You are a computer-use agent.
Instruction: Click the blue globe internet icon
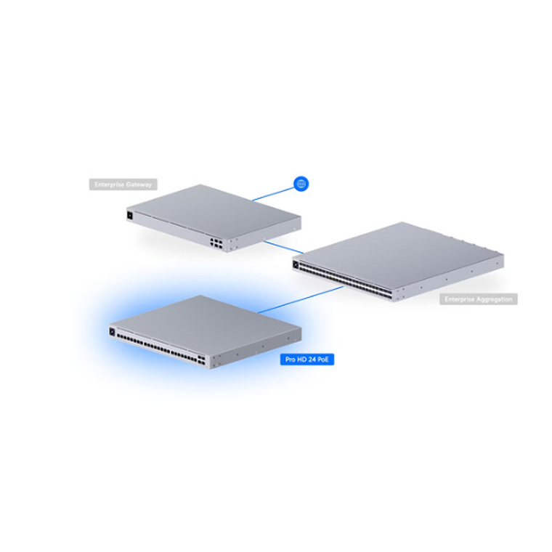[301, 184]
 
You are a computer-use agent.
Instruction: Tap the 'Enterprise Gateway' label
[123, 185]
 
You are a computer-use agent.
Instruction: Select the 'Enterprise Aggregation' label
[478, 299]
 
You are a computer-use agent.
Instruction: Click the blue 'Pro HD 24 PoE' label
[307, 359]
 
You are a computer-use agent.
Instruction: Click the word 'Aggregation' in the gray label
[496, 299]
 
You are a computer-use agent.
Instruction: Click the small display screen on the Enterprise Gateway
[131, 215]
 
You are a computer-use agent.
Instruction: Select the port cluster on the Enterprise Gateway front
[217, 243]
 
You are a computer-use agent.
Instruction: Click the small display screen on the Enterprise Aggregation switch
[296, 264]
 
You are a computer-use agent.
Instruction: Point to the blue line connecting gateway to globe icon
[272, 192]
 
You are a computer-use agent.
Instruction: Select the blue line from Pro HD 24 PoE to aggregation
[301, 300]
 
